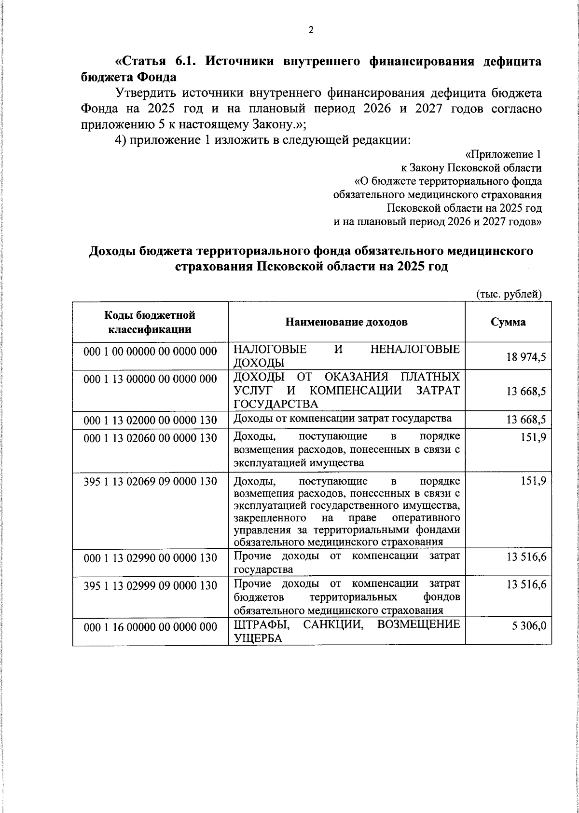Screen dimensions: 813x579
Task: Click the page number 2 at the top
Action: (x=311, y=30)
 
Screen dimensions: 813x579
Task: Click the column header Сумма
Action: (x=508, y=322)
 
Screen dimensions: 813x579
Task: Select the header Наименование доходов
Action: (x=346, y=322)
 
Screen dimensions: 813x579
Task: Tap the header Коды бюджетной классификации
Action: (x=150, y=322)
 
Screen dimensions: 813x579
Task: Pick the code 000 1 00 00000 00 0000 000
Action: (x=150, y=352)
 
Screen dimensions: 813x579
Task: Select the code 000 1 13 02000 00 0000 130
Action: (x=150, y=420)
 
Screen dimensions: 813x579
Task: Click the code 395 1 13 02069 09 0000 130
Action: (x=150, y=482)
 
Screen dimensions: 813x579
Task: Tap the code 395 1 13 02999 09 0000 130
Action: (x=150, y=585)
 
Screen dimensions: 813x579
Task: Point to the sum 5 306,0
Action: (x=529, y=626)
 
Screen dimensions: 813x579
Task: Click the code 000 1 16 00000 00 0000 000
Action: (x=150, y=626)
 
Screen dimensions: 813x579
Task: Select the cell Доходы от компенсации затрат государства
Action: (x=343, y=419)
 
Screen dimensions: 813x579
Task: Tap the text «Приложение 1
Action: (x=503, y=155)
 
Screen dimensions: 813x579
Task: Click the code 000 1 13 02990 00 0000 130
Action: (x=150, y=558)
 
